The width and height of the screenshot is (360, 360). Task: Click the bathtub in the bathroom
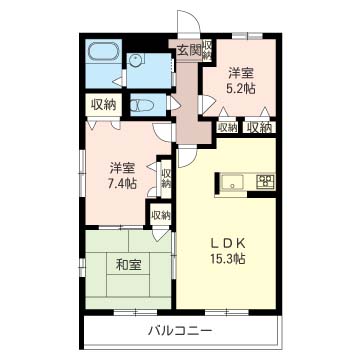pyautogui.click(x=101, y=53)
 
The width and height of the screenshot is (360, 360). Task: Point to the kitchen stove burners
pyautogui.click(x=266, y=182)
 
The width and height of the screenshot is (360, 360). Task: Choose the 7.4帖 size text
pyautogui.click(x=121, y=183)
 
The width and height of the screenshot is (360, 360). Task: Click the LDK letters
pyautogui.click(x=228, y=242)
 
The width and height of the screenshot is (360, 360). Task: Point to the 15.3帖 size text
pyautogui.click(x=228, y=259)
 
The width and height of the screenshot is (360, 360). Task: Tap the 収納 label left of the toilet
pyautogui.click(x=104, y=103)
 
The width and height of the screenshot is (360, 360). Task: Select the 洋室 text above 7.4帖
pyautogui.click(x=121, y=167)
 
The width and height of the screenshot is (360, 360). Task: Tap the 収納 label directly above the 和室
pyautogui.click(x=159, y=214)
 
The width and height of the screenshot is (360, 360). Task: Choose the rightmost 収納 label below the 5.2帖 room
pyautogui.click(x=260, y=127)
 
